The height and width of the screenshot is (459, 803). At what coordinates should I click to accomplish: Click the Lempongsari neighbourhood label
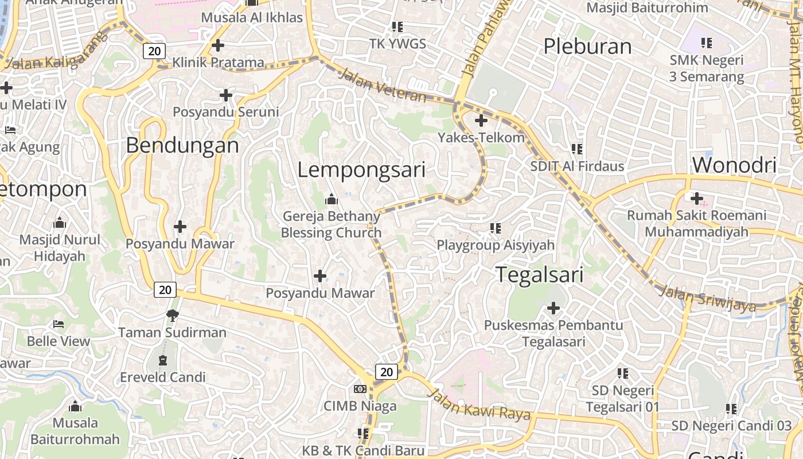361,170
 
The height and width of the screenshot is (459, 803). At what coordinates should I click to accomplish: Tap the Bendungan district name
182,145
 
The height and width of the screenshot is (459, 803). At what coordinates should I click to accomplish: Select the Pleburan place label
587,46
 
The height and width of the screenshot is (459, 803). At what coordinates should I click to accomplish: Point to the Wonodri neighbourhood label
734,165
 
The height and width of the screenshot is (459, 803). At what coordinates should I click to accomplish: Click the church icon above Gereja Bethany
332,200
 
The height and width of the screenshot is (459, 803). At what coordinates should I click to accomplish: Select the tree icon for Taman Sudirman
171,315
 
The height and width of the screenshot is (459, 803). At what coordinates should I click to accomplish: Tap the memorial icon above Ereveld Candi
163,360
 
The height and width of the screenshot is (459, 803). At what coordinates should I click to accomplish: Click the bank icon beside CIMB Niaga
360,389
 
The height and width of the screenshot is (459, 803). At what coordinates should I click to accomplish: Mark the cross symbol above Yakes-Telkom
481,120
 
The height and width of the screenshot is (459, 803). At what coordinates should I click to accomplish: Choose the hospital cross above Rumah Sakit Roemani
697,199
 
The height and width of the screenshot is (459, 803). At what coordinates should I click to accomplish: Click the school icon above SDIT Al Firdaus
577,149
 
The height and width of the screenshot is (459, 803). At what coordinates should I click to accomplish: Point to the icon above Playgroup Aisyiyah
496,228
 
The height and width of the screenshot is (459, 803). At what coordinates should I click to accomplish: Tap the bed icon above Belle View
59,324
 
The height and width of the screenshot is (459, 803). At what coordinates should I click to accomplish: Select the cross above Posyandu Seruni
226,95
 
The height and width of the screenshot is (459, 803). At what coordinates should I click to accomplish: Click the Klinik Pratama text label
219,62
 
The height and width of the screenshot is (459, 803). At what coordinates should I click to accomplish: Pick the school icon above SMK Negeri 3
707,42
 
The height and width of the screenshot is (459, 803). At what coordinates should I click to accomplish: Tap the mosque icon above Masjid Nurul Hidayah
59,223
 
